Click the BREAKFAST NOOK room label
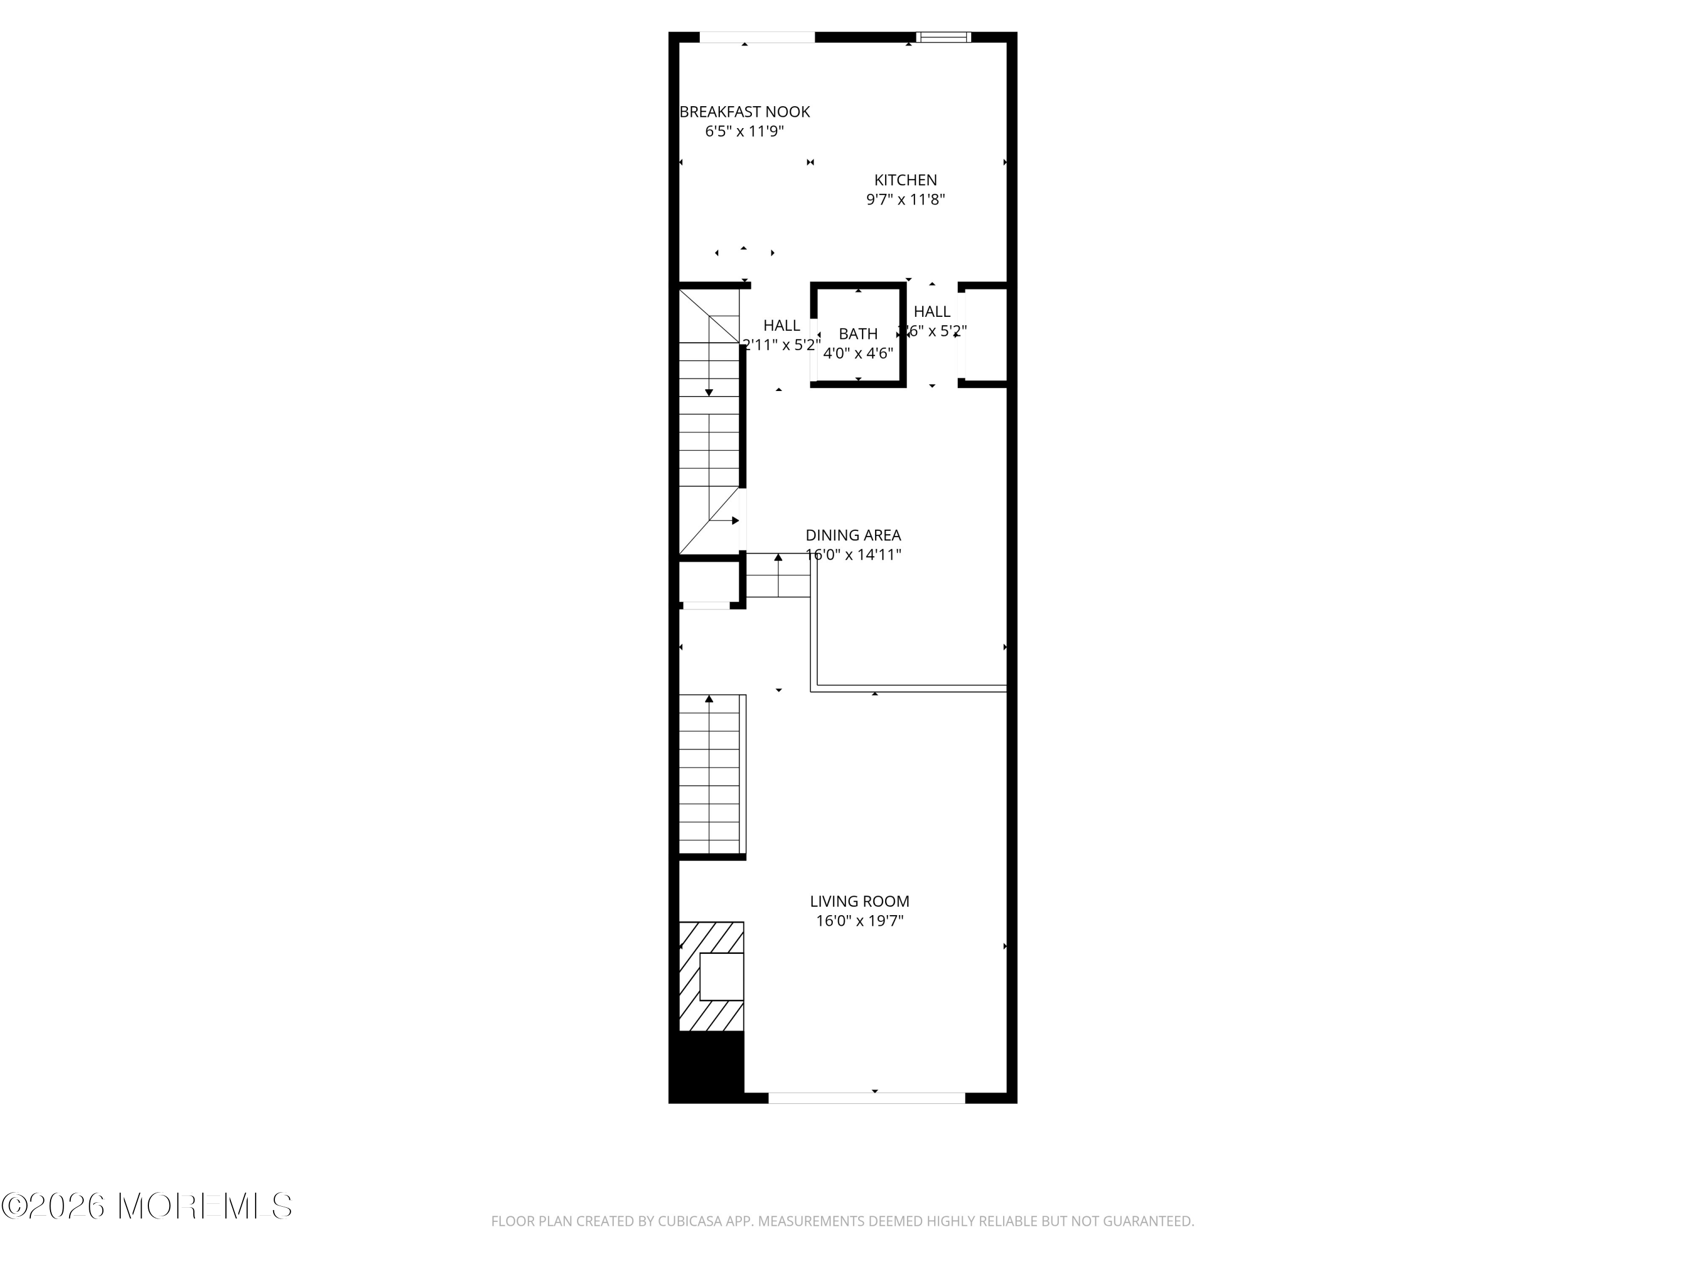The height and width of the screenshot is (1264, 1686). coord(744,112)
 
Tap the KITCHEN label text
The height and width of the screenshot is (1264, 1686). coord(905,180)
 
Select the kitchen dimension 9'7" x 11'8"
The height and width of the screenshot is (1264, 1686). coord(905,199)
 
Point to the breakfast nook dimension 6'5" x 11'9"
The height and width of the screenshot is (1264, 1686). coord(744,131)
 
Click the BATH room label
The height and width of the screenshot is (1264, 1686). coord(858,334)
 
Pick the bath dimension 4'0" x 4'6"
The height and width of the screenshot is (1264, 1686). coord(858,353)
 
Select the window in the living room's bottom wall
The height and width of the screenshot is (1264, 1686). coord(866,1098)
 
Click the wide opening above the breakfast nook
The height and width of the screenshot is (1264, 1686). coord(757,37)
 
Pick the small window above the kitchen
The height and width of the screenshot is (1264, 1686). coord(943,37)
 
